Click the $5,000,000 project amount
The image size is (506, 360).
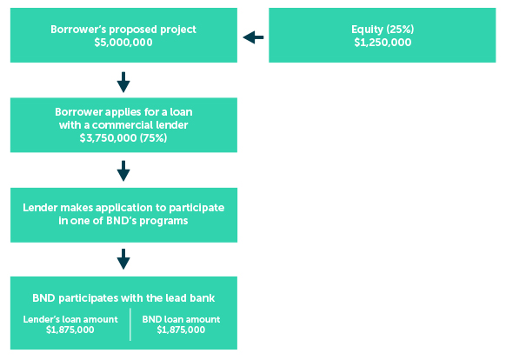(x=123, y=43)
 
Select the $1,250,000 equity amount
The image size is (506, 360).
(x=383, y=43)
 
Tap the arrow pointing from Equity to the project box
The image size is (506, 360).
(x=253, y=37)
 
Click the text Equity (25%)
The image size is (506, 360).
(x=383, y=30)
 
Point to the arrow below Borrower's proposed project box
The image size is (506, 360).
(x=123, y=82)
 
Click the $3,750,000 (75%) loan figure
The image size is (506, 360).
(x=123, y=138)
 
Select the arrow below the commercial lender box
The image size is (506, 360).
(x=123, y=170)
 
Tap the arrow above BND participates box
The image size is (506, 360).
(x=123, y=259)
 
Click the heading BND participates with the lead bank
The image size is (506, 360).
(x=123, y=298)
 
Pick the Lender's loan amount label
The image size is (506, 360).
(x=70, y=319)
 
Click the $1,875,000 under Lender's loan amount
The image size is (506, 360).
(x=70, y=330)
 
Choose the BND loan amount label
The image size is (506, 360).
(x=181, y=319)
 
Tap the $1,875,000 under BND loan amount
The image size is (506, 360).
(x=181, y=330)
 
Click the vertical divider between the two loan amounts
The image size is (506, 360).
(x=130, y=324)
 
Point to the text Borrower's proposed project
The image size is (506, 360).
(x=123, y=30)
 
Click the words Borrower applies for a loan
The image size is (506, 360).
(x=123, y=112)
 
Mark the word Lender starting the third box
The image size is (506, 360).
(x=40, y=208)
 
